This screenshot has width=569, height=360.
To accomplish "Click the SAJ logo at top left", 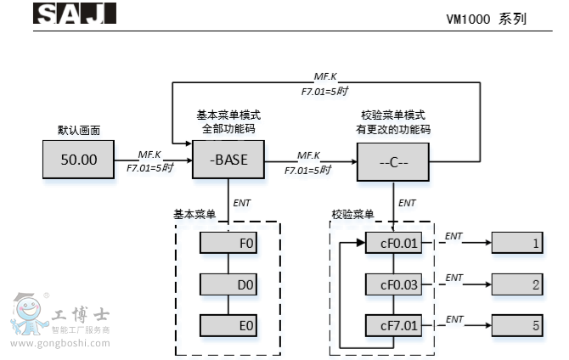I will tap(74, 14).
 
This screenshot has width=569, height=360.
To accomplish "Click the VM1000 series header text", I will tap(486, 18).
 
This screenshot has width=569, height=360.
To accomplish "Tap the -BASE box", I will tap(228, 160).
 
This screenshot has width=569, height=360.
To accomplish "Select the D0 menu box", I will tap(228, 284).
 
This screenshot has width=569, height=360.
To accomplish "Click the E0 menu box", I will tap(228, 324).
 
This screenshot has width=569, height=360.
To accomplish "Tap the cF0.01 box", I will tap(392, 245).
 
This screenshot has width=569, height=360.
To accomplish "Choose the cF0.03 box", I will tap(392, 284).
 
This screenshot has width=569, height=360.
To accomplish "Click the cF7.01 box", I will tap(392, 324).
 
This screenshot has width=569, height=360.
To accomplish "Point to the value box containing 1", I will tap(517, 245).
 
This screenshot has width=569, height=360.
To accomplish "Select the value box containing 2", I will tap(517, 284).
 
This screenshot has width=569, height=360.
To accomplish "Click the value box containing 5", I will tap(517, 324).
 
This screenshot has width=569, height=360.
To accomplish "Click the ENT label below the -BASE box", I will tap(242, 202).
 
